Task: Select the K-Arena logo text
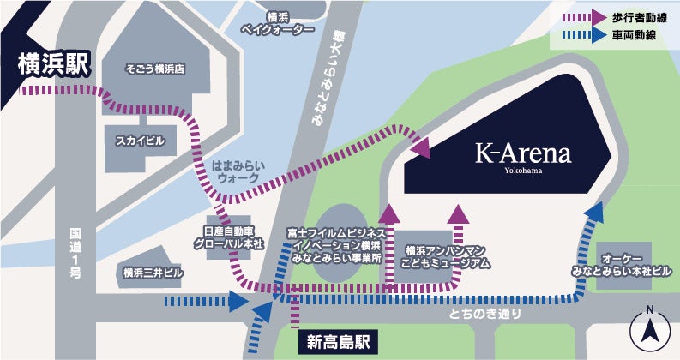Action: [x=523, y=155]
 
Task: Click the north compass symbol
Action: [x=649, y=330]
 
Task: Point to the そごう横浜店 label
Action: [x=155, y=67]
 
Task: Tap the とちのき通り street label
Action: [x=484, y=315]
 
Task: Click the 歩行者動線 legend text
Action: [x=639, y=15]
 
